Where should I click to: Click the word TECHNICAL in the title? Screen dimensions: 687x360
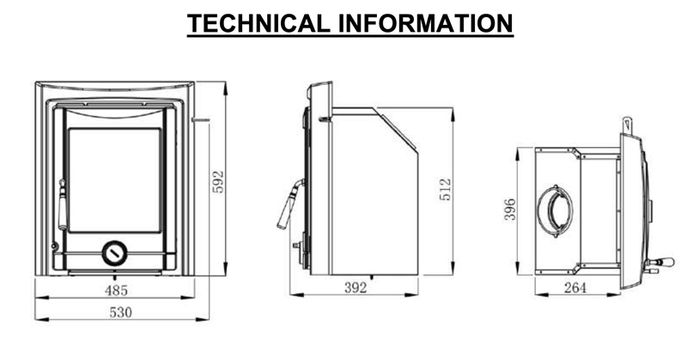point(258,24)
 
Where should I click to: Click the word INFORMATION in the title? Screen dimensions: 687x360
point(425,24)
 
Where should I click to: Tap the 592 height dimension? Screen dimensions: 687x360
point(218,181)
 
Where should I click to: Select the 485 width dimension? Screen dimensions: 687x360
point(116,290)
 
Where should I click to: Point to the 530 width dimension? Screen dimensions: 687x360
point(120,312)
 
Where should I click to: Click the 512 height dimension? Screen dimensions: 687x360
point(445,189)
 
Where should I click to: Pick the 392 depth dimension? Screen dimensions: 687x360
point(356,288)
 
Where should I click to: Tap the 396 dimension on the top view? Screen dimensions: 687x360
point(510,210)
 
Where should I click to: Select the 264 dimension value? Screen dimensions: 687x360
point(575,288)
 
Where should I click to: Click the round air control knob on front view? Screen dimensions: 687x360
point(115,253)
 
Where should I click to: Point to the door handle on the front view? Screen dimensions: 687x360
point(63,204)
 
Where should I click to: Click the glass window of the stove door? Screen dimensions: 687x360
point(115,180)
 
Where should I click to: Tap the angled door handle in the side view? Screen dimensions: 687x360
point(290,204)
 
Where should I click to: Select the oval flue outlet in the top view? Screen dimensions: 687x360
point(555,211)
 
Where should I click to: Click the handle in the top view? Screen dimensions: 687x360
point(660,263)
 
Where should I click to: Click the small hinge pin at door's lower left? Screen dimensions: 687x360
point(54,246)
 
